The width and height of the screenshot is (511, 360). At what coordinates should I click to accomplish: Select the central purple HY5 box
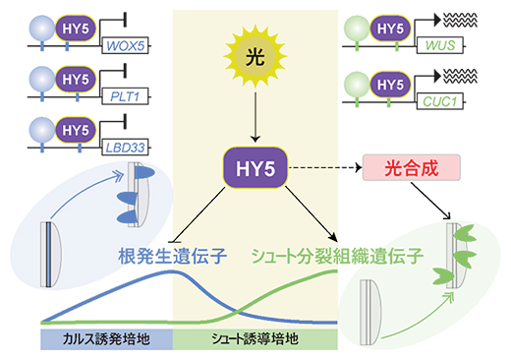255,168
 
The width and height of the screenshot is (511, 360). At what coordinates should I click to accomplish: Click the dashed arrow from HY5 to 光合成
325,169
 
